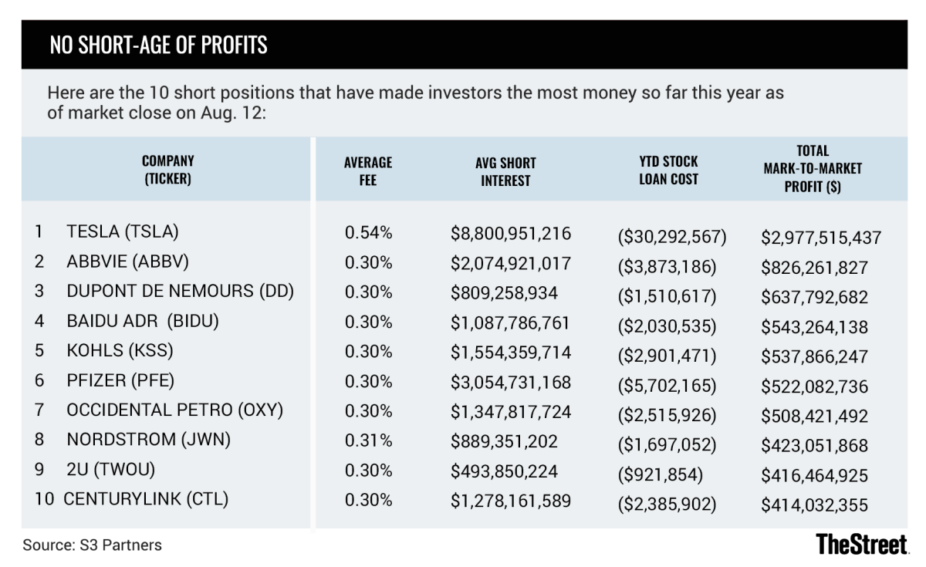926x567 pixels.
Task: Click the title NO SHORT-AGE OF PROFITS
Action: (x=158, y=46)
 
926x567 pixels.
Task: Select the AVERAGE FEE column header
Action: (x=368, y=170)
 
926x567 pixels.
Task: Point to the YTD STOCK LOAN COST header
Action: (x=668, y=170)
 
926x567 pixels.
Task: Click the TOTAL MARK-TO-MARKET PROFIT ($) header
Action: (x=813, y=168)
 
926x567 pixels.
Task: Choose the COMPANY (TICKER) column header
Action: (x=167, y=170)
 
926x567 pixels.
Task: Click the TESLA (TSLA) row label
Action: (x=123, y=231)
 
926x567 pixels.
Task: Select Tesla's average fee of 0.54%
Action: (x=368, y=232)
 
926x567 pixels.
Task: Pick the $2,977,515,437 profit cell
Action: (x=821, y=238)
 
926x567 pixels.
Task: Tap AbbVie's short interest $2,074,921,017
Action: (x=511, y=262)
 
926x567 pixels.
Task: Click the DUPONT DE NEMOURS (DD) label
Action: (x=180, y=291)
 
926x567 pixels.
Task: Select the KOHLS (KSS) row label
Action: (x=120, y=350)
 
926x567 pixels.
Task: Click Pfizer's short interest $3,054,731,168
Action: (x=511, y=381)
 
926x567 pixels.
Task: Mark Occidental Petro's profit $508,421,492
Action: (x=815, y=417)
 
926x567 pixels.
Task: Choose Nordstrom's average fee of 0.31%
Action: (x=368, y=440)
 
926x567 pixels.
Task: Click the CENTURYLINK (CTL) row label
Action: (x=146, y=499)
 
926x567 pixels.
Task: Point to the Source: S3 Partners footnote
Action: (x=93, y=545)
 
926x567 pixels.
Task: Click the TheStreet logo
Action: (x=861, y=543)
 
